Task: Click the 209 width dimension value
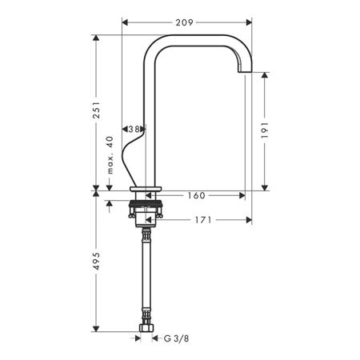click(x=184, y=22)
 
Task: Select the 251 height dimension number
click(x=96, y=110)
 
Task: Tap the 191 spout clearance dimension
click(x=264, y=130)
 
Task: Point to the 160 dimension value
click(x=196, y=195)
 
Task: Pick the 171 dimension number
click(x=203, y=220)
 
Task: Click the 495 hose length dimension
click(x=96, y=261)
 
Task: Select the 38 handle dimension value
click(x=134, y=130)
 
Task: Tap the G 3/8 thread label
click(x=176, y=338)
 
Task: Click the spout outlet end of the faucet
click(x=245, y=71)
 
